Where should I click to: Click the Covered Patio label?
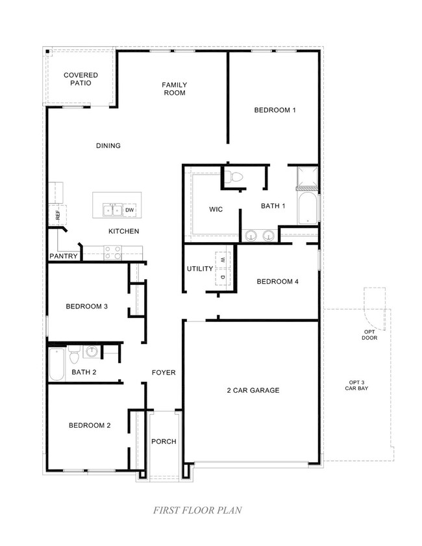click(81, 79)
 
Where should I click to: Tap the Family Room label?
click(174, 89)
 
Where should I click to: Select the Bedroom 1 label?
click(274, 110)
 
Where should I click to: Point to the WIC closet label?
click(216, 210)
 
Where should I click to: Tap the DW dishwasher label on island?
click(129, 210)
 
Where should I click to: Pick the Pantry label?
click(64, 256)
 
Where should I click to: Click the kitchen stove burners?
click(112, 253)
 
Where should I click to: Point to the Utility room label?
click(200, 268)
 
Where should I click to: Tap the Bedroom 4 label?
click(278, 281)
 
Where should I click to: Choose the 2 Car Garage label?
click(253, 390)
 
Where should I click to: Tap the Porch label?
click(164, 441)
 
